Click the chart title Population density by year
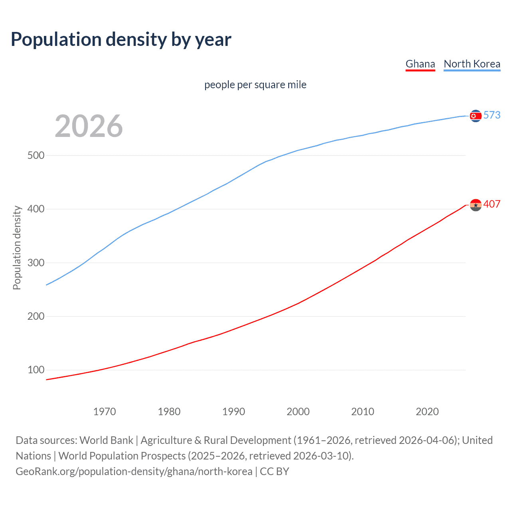click(121, 40)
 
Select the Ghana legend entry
click(420, 64)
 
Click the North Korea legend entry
click(472, 64)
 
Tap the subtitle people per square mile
click(255, 85)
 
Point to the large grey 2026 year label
click(89, 126)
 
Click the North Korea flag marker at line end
click(475, 116)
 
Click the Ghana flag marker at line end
click(475, 205)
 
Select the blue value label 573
click(492, 115)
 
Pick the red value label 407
click(492, 204)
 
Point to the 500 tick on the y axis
click(36, 156)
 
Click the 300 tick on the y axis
click(36, 263)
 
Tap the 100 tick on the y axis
click(36, 370)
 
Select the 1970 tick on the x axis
click(105, 412)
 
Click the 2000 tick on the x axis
click(298, 412)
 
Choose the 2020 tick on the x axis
click(427, 412)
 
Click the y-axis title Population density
click(17, 248)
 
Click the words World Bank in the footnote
click(106, 440)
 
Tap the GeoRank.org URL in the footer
click(134, 471)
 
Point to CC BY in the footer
click(274, 471)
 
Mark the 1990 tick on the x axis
click(234, 412)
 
